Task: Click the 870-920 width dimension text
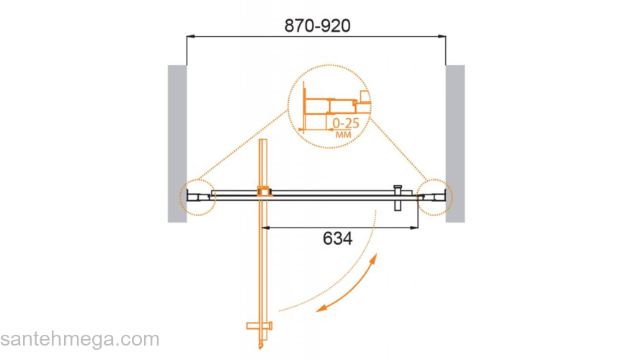pos(318,26)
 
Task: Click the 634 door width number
pos(338,238)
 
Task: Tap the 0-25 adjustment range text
pos(346,123)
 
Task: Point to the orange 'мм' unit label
pos(344,134)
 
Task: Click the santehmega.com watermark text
pos(80,339)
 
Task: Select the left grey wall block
pos(177,143)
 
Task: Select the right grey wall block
pos(455,143)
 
